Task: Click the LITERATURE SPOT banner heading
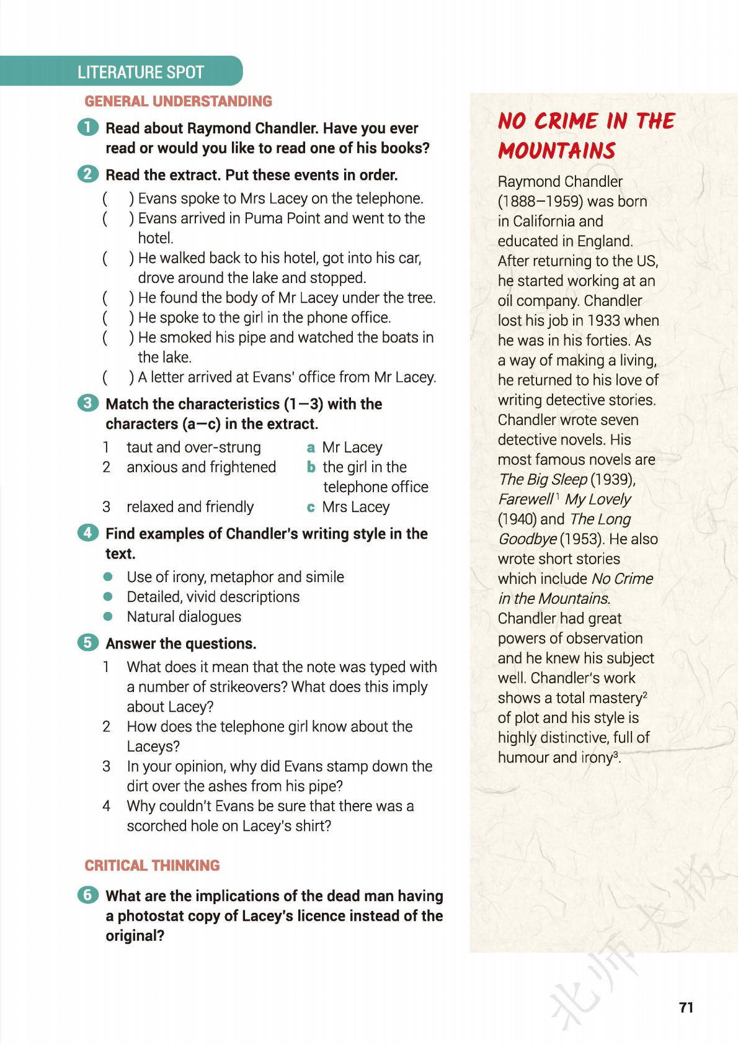click(141, 72)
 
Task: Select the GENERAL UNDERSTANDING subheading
click(178, 101)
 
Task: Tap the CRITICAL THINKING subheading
click(152, 865)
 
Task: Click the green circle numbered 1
click(88, 127)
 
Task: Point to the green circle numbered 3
click(88, 403)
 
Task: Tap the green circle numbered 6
click(88, 894)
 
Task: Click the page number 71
click(686, 1007)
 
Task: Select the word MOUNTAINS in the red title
click(556, 151)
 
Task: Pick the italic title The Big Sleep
click(542, 480)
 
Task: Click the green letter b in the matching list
click(311, 467)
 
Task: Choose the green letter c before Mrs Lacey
click(311, 507)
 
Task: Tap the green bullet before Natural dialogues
click(109, 617)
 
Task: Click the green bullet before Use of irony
click(109, 577)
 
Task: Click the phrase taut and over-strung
click(193, 447)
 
